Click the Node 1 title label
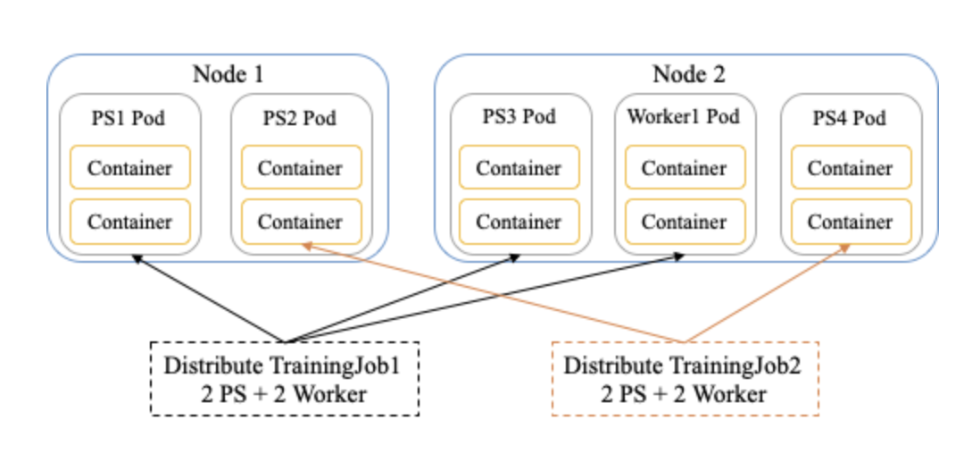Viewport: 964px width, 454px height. (229, 74)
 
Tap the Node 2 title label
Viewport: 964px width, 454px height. (687, 74)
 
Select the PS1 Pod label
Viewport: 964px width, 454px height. (129, 118)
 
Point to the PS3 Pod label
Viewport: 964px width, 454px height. (519, 117)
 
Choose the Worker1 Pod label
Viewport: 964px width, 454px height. (684, 117)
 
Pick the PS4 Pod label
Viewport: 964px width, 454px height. (849, 118)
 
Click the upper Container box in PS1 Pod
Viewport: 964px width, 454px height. (130, 167)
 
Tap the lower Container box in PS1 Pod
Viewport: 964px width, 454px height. (130, 221)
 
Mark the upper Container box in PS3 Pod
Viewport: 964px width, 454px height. (519, 167)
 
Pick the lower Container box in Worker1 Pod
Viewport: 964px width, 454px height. (684, 221)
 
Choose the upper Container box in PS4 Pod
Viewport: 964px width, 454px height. (850, 167)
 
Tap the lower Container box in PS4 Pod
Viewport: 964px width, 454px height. (850, 221)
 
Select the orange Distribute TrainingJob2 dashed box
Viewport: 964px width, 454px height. (686, 379)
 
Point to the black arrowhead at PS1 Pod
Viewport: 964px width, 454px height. (136, 258)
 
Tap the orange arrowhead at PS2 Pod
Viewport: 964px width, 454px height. (305, 244)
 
